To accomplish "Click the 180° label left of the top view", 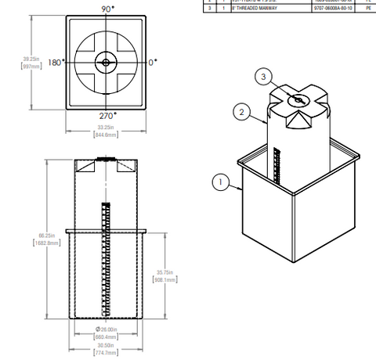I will point(55,62).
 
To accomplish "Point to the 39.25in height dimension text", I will point(31,59).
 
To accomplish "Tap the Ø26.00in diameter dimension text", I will point(106,329).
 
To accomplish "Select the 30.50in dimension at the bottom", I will point(106,345).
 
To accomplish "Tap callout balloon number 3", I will point(265,76).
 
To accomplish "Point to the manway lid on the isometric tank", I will point(298,99).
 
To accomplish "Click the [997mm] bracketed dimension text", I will point(31,67).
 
